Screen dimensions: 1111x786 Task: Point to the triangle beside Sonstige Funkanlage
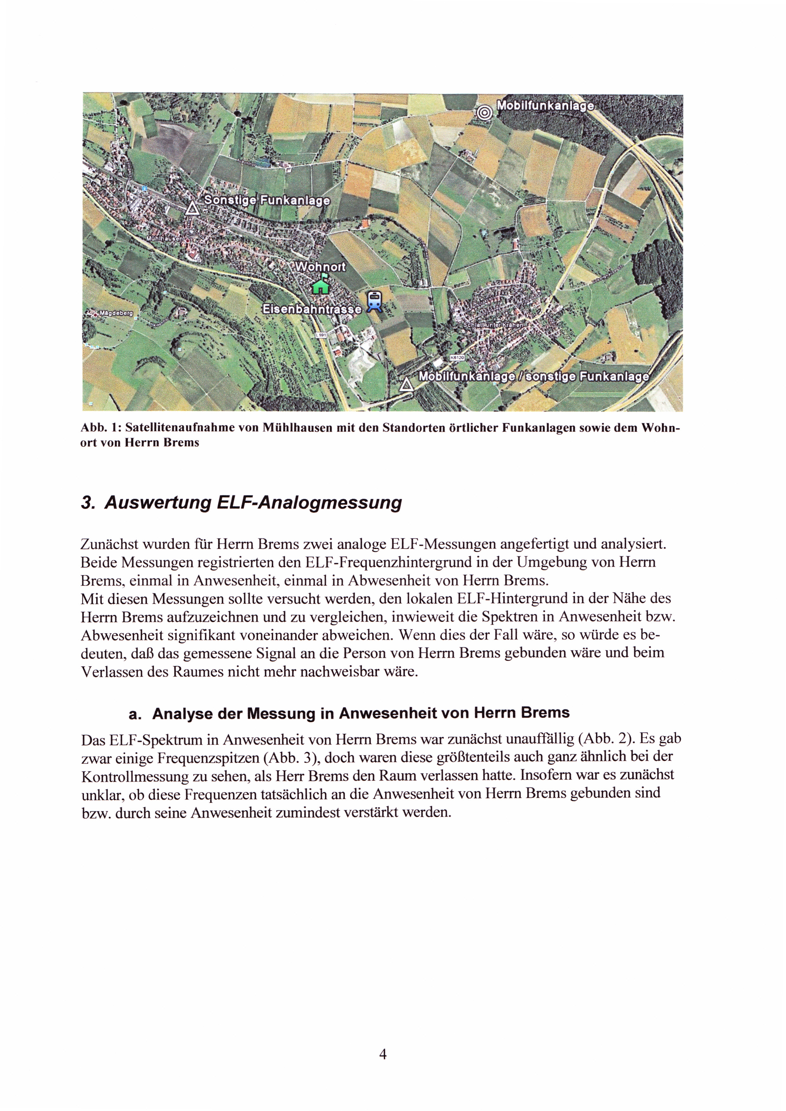[x=192, y=208]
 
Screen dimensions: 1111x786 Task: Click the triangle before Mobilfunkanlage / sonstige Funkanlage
[x=407, y=385]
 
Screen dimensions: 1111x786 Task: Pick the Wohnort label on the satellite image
[x=320, y=267]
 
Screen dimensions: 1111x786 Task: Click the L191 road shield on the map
[x=321, y=335]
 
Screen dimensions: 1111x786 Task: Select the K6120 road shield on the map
[x=457, y=357]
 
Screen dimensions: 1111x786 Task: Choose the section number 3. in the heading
[x=87, y=503]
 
